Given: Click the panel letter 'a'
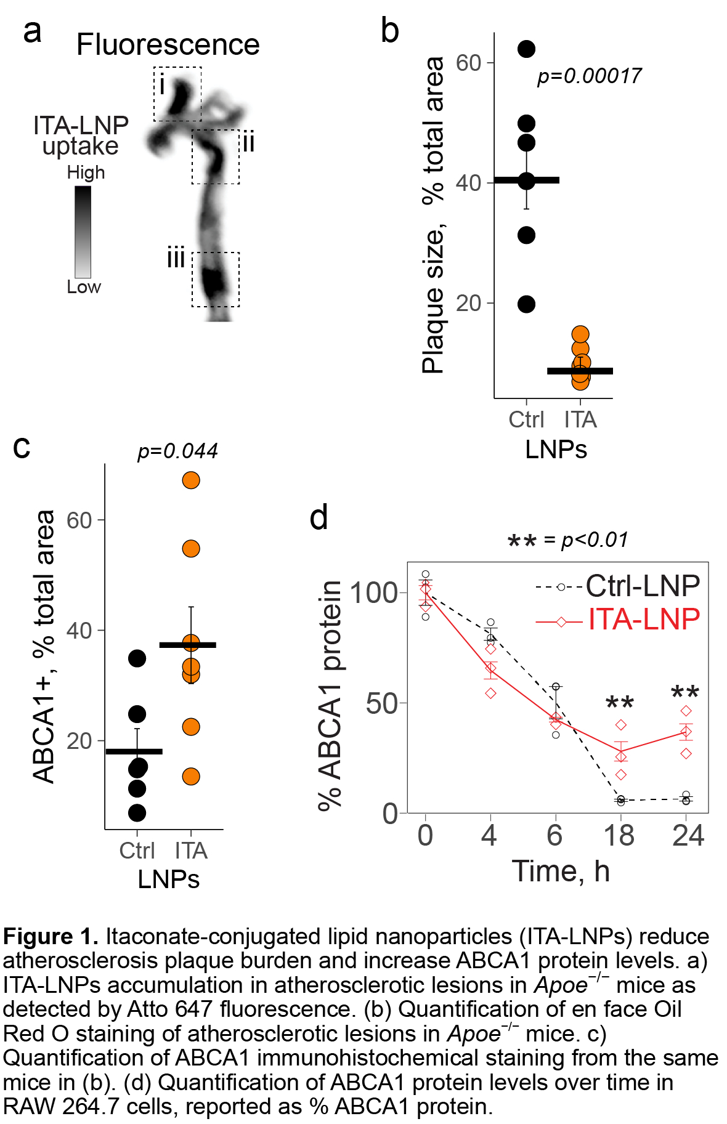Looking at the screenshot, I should [x=32, y=31].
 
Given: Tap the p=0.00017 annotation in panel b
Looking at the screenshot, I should [x=589, y=76].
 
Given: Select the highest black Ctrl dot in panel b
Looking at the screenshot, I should [x=526, y=49].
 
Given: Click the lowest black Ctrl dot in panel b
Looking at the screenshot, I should [x=526, y=304].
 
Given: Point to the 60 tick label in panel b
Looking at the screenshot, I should [x=468, y=63].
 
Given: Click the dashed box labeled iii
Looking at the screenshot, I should [x=215, y=279].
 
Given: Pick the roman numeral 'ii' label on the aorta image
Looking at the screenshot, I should [x=248, y=143].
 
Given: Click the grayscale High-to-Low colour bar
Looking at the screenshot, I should [x=83, y=232].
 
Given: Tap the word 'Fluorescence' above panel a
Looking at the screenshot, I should [x=168, y=45].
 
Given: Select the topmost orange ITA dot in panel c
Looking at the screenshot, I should [x=191, y=480].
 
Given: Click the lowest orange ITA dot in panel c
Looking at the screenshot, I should [x=191, y=777].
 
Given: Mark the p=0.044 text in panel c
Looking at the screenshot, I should [x=177, y=451].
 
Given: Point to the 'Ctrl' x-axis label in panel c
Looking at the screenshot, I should [x=137, y=851].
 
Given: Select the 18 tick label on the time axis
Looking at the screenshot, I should [x=619, y=836].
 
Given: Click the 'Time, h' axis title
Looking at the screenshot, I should [x=561, y=871].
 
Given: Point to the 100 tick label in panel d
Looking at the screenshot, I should [x=373, y=593].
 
